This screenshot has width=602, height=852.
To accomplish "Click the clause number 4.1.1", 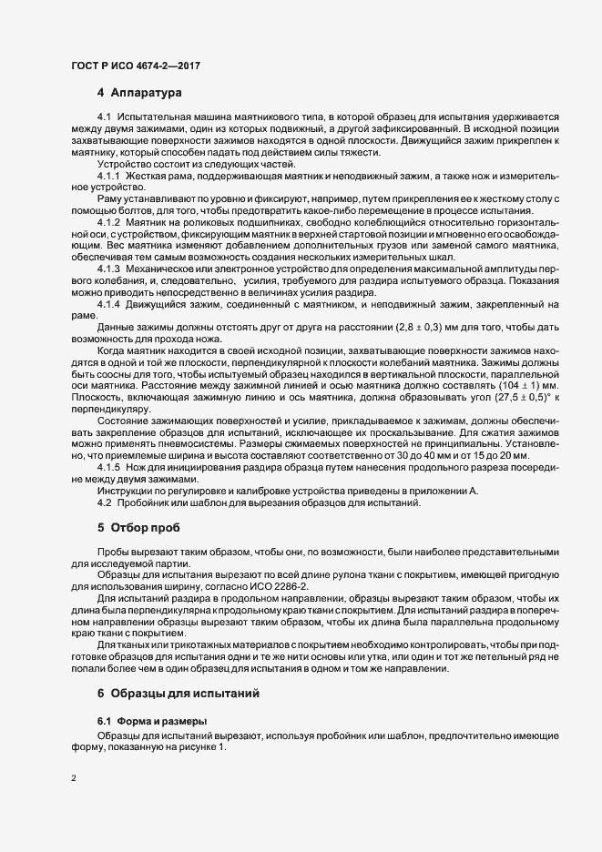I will coord(109,175).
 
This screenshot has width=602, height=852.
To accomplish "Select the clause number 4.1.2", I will coord(109,222).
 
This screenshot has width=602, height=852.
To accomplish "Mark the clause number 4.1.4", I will coord(109,304).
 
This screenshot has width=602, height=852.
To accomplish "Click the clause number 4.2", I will coord(104,504).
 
